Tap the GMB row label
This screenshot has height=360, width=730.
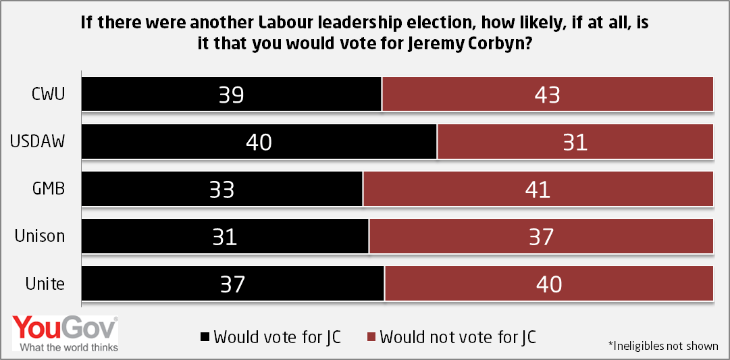tap(49, 188)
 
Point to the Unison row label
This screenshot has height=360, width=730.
tap(40, 236)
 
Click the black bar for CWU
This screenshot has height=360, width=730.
tap(232, 94)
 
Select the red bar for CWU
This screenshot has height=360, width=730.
tap(548, 94)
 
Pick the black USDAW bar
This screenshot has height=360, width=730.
tap(259, 141)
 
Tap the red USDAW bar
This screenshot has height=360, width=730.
tap(575, 141)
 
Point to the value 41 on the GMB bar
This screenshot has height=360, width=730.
tap(538, 189)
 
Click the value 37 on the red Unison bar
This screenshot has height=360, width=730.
tap(540, 236)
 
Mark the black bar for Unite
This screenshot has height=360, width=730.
tap(233, 283)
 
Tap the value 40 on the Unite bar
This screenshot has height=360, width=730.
tap(548, 284)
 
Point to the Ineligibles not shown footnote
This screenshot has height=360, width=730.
tap(664, 346)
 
